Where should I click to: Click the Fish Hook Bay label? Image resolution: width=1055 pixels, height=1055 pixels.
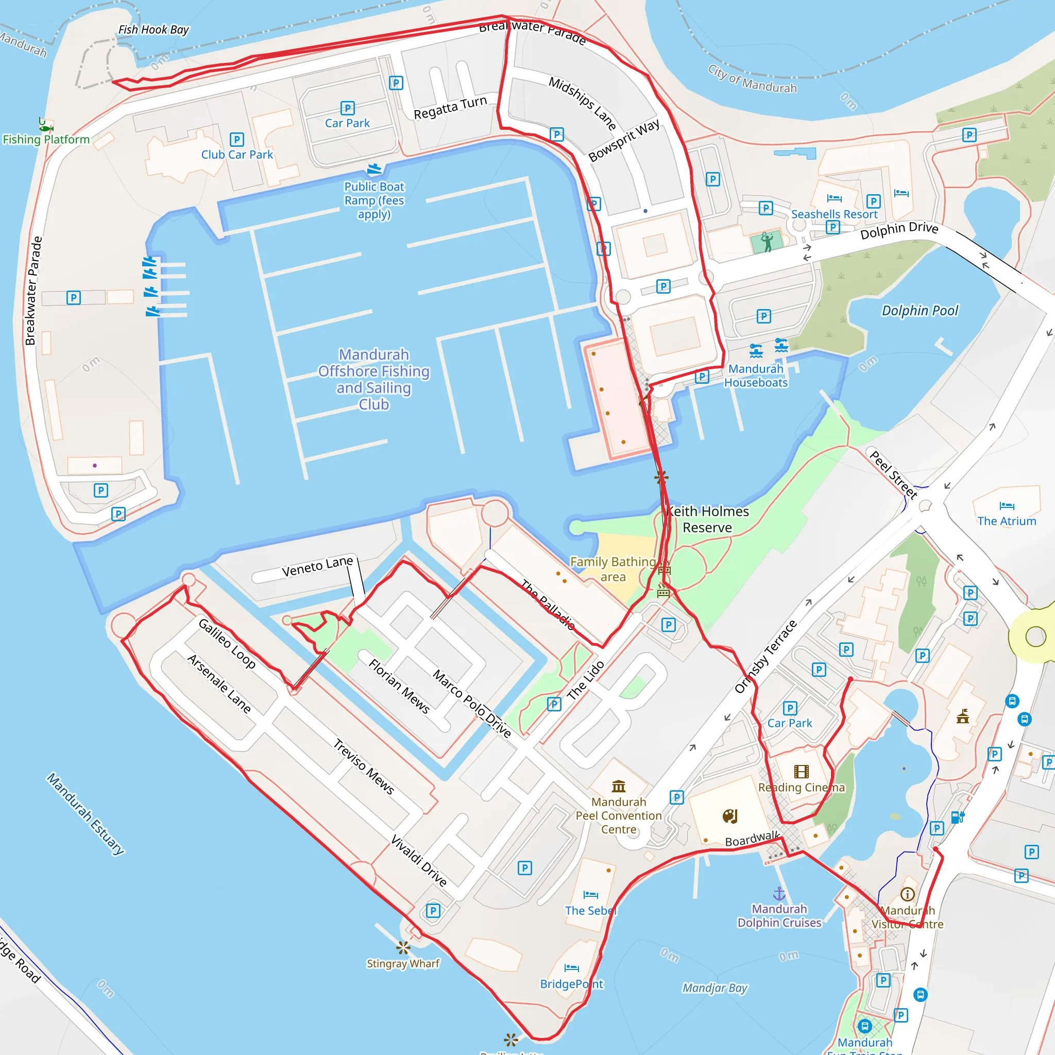tap(154, 29)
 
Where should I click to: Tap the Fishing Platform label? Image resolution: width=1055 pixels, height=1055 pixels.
tap(46, 139)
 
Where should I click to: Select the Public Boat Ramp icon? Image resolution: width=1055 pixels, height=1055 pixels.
tap(375, 169)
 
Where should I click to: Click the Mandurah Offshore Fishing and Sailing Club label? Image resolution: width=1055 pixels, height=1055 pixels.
tap(374, 379)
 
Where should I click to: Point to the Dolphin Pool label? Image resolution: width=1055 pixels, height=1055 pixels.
tap(920, 311)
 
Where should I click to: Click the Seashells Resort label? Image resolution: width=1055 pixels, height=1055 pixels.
tap(834, 214)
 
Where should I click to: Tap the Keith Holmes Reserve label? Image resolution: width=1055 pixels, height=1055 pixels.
tap(707, 519)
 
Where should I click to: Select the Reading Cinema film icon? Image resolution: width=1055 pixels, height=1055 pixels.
tap(801, 771)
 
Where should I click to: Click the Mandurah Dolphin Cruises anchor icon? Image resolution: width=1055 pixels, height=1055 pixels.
tap(779, 894)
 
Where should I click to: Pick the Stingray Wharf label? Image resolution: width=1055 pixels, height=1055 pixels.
tap(403, 963)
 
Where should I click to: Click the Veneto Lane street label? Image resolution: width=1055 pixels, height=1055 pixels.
tap(317, 566)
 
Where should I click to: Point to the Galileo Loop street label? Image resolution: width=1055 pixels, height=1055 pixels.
tap(227, 643)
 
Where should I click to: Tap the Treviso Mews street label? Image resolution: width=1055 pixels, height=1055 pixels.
tap(364, 766)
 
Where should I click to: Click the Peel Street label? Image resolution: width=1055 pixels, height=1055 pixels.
tap(893, 474)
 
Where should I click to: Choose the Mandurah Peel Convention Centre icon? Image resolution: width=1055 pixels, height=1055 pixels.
tap(619, 786)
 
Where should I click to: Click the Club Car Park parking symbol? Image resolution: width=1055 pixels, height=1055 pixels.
tap(236, 139)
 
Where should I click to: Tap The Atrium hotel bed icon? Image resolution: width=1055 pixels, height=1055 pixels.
tap(1007, 506)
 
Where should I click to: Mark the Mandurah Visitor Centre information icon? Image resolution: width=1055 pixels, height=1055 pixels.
tap(907, 894)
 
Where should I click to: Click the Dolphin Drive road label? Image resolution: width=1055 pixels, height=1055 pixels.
tap(899, 230)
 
